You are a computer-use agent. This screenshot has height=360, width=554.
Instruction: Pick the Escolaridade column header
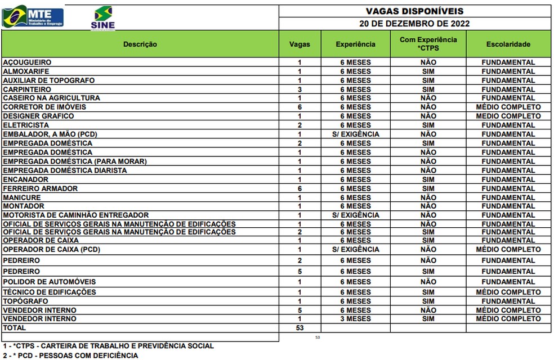[x=508, y=44]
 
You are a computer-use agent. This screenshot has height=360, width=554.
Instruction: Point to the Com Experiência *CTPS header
[x=428, y=44]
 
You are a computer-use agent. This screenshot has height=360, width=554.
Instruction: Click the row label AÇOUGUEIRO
[x=27, y=62]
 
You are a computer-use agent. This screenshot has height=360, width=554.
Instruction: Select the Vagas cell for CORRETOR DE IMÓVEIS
[x=300, y=107]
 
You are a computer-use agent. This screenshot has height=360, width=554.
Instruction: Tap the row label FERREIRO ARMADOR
[x=41, y=188]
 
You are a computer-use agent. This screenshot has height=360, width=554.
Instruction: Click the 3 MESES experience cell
[x=355, y=319]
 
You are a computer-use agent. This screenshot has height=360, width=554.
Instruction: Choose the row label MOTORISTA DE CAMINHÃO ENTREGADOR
[x=76, y=215]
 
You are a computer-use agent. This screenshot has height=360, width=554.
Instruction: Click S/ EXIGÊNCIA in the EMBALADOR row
[x=355, y=134]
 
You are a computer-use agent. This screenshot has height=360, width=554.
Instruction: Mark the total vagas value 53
[x=300, y=327]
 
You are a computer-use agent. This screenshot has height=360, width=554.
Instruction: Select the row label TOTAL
[x=15, y=327]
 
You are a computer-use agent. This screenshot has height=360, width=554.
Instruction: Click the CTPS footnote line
[x=108, y=346]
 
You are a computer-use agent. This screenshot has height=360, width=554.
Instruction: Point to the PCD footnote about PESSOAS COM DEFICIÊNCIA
[x=70, y=355]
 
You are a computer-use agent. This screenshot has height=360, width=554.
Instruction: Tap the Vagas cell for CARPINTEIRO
[x=300, y=89]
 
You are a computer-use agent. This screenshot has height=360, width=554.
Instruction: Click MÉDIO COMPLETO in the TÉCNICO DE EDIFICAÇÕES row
[x=508, y=292]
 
